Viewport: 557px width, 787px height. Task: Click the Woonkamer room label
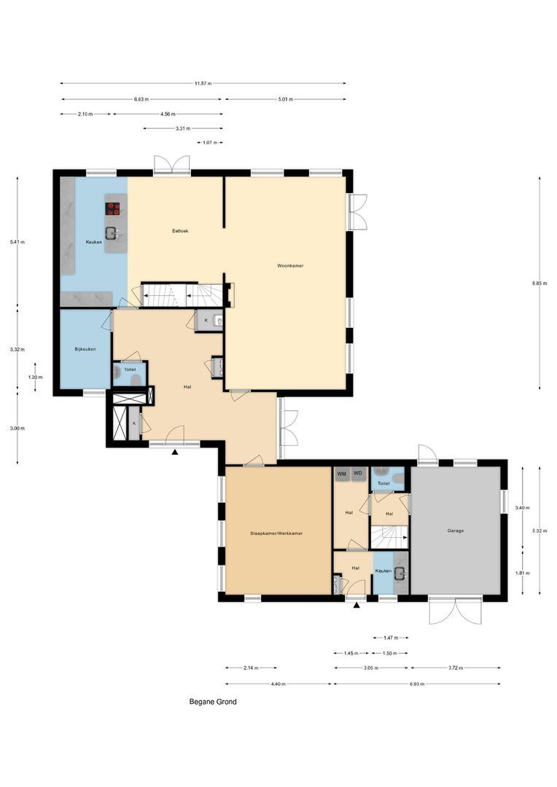290,266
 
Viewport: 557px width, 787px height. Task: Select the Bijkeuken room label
85,349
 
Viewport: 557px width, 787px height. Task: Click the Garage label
455,530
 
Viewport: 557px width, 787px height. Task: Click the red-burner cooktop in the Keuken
114,208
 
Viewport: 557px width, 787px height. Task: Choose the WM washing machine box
341,474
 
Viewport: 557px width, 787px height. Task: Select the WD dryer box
357,474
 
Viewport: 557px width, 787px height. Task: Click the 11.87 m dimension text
203,83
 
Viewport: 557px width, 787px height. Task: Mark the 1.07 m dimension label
210,143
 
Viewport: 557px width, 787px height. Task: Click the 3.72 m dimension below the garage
456,667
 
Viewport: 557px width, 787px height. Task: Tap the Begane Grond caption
213,702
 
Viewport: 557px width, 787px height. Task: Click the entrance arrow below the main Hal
175,453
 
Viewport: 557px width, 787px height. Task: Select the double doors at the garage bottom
455,611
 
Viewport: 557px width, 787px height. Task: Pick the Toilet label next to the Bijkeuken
129,370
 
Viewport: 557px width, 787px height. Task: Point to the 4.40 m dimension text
278,684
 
